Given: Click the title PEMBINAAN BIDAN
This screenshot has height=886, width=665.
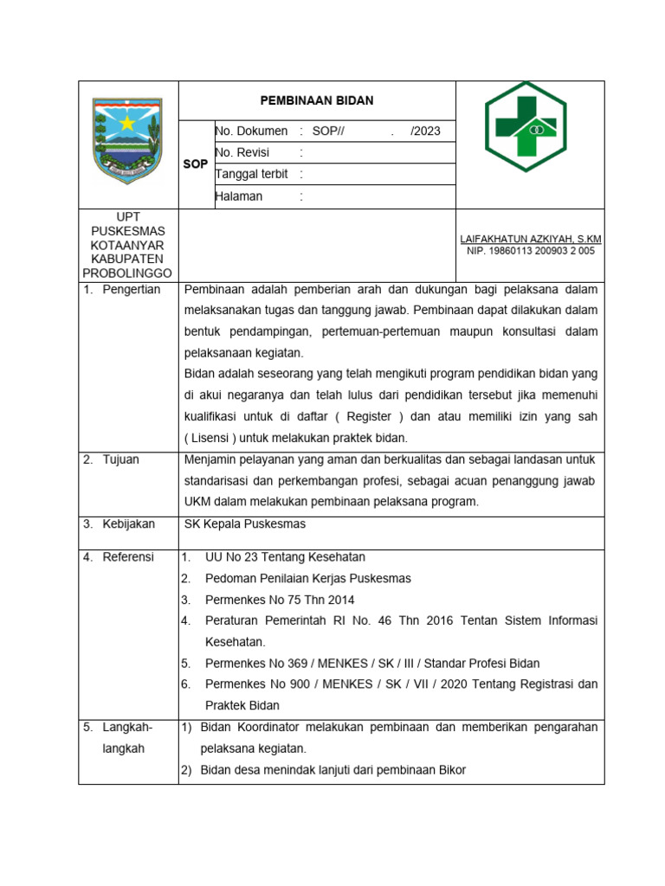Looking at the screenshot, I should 317,100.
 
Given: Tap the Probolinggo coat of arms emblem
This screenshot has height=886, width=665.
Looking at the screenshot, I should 128,140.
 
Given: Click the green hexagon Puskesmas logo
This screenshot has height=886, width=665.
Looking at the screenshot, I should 526,126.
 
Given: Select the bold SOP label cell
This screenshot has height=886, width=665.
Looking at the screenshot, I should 196,164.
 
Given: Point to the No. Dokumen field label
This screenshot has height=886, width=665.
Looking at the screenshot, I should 251,132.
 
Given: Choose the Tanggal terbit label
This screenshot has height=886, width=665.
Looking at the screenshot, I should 252,174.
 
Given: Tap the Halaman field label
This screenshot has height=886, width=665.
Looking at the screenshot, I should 239,196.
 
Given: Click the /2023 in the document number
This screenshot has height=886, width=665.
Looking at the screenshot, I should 425,132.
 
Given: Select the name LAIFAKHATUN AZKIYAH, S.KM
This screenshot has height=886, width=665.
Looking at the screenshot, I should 531,239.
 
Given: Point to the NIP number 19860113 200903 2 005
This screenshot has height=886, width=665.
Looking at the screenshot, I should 531,251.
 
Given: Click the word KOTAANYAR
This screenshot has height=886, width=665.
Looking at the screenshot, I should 128,245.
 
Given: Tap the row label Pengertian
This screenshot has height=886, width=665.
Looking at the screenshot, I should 132,289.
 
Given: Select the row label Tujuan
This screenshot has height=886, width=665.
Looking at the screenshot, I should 120,459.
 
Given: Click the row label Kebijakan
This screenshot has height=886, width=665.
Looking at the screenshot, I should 128,524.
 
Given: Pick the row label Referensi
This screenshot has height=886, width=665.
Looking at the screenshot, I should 128,557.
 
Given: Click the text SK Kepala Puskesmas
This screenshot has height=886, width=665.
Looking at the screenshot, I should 245,524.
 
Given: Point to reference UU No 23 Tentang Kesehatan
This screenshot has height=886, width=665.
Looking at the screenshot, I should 285,557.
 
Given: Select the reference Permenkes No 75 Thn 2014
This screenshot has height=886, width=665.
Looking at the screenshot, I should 280,600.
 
